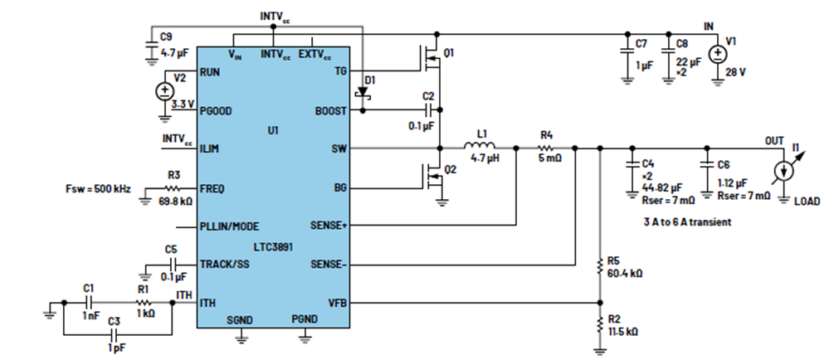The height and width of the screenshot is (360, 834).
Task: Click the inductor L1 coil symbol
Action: coord(480,146)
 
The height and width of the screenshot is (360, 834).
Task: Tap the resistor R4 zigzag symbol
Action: coord(547,148)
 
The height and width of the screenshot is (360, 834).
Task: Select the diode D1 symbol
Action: coord(363,91)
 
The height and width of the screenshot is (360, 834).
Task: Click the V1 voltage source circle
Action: coord(718,54)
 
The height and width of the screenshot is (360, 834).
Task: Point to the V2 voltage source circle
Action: coord(164,91)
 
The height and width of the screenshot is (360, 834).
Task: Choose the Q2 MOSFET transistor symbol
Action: coord(432,177)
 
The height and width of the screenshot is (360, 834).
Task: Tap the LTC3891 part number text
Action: coord(273,246)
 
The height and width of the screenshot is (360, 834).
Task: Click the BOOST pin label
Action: coord(330,111)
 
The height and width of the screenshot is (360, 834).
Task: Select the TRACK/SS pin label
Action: coord(224,264)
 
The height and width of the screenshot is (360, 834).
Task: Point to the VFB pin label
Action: coord(337,303)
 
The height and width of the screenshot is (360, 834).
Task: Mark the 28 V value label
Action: coord(735,71)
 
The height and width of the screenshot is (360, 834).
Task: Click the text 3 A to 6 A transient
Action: coord(687,222)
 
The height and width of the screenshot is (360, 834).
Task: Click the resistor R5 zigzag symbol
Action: coord(600,266)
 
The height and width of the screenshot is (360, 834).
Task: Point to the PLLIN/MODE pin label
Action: coord(229,226)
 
